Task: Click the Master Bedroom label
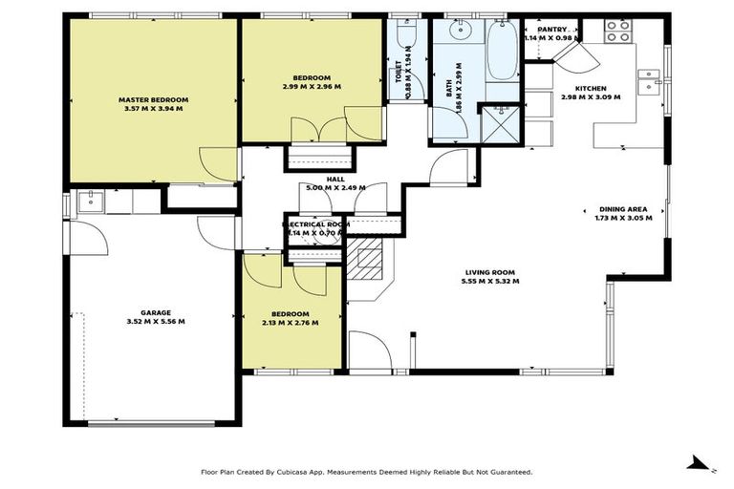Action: [154, 99]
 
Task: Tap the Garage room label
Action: [156, 312]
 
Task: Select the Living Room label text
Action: [490, 272]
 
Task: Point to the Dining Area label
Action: [623, 209]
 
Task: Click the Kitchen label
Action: [591, 89]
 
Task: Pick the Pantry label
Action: [551, 30]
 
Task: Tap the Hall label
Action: [335, 180]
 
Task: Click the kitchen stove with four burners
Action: [617, 32]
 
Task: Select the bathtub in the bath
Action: [503, 51]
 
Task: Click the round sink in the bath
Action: [459, 31]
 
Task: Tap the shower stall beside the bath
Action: [501, 124]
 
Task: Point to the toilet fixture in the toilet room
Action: [406, 32]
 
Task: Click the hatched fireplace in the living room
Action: [364, 259]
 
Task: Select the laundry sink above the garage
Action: [91, 202]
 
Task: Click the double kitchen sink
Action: [649, 81]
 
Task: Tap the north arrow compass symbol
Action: [701, 463]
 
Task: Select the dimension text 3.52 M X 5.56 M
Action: [156, 322]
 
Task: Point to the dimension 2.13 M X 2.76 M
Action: [291, 323]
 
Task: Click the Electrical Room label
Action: [316, 224]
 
